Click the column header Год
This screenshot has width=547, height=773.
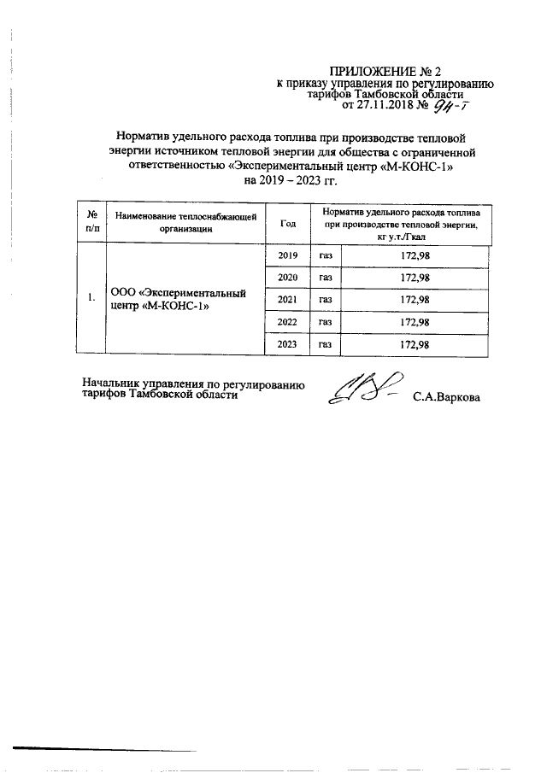click(288, 223)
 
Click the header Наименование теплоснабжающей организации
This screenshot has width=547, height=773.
click(185, 223)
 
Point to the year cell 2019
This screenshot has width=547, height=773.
click(287, 255)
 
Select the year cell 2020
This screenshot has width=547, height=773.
click(287, 277)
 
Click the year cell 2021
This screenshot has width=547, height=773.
click(287, 299)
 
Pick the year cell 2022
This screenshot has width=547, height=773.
click(287, 322)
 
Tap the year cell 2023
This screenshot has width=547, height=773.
click(287, 344)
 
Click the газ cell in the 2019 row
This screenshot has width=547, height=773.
click(326, 255)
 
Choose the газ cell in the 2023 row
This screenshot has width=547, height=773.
click(326, 344)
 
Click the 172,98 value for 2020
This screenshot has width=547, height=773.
click(415, 277)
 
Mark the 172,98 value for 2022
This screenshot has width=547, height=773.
click(415, 322)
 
